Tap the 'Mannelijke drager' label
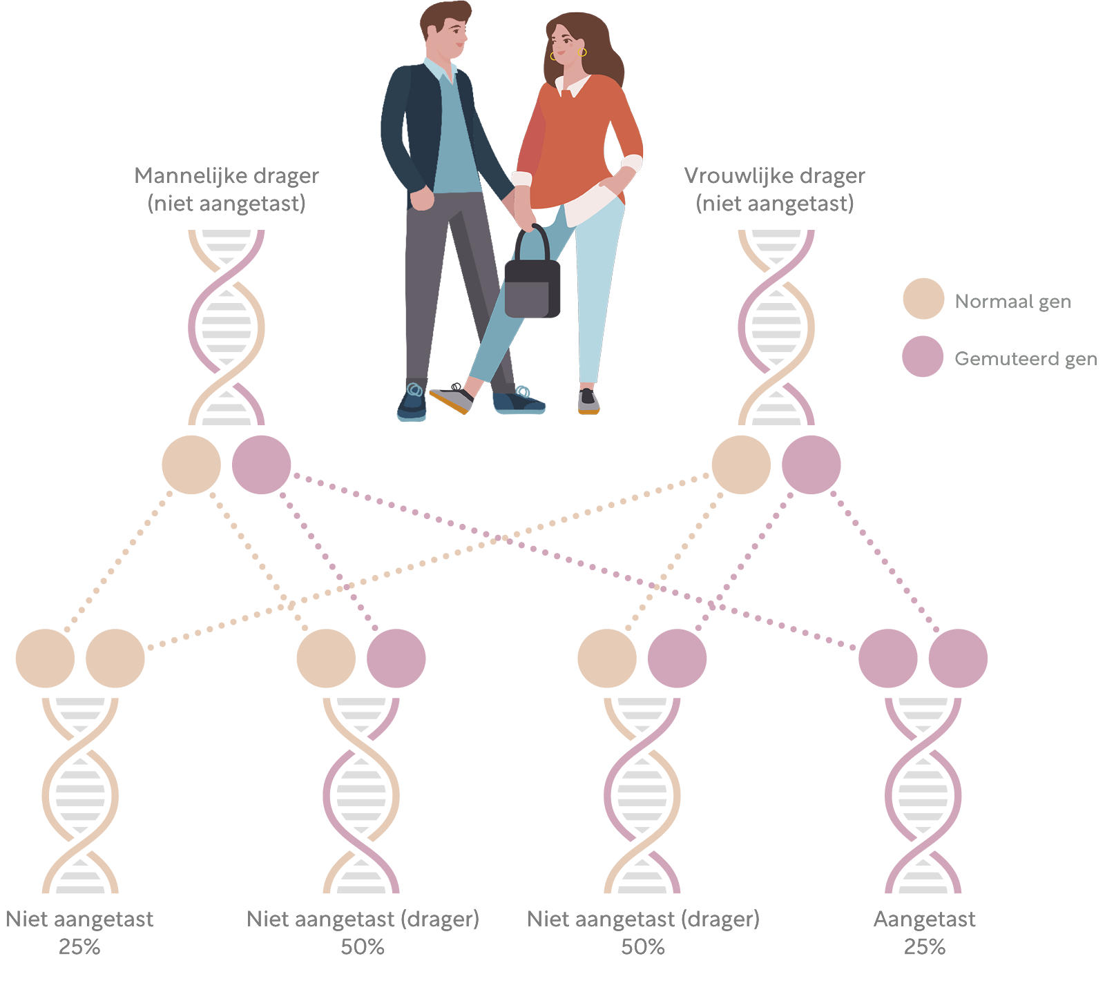[x=227, y=176]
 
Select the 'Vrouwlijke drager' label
[x=774, y=176]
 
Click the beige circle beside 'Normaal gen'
[x=923, y=299]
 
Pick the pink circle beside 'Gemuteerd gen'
[x=923, y=356]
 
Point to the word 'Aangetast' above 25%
[x=924, y=919]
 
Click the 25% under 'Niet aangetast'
[x=79, y=947]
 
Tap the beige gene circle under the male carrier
[x=191, y=465]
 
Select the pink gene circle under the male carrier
[x=261, y=465]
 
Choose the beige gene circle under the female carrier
[x=741, y=465]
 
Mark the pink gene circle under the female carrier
[x=811, y=465]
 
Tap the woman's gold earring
[x=582, y=53]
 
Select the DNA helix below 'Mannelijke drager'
[x=227, y=327]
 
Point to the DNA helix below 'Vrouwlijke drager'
[x=776, y=327]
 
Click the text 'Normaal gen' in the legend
[x=1012, y=302]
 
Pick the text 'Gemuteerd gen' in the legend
[x=1026, y=359]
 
